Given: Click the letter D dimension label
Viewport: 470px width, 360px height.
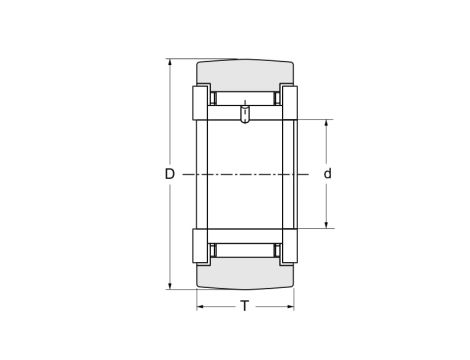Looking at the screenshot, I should point(169,174).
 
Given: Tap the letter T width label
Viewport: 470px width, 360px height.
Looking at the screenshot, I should point(245,306).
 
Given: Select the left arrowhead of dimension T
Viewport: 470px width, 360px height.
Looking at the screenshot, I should point(200,306).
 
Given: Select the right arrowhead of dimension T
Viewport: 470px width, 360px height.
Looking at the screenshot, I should point(291,306).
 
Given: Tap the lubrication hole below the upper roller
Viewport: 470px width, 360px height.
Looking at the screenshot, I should point(245,117).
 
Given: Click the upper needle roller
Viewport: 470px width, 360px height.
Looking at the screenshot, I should point(245,100).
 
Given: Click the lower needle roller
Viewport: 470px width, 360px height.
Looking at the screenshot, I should point(245,248).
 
